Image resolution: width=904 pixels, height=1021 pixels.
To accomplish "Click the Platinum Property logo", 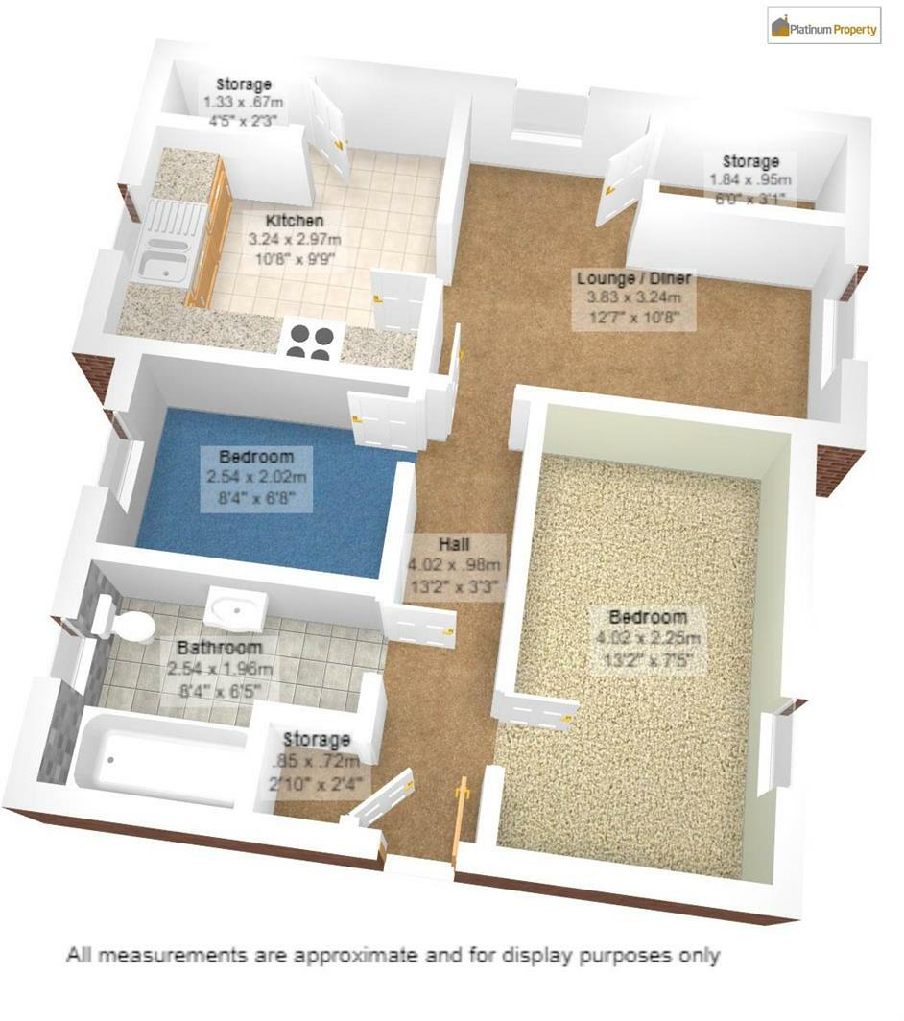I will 824,28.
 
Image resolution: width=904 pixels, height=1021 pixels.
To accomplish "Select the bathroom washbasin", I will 236,606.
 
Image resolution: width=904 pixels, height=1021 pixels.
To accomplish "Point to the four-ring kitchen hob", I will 311,342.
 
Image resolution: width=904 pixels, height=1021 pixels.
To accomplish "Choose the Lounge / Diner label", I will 634,279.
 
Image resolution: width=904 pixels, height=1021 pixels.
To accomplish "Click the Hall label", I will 453,544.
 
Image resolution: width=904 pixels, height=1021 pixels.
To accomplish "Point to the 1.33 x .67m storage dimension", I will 243,103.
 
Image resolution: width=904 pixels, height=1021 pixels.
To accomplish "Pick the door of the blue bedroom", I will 386,419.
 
